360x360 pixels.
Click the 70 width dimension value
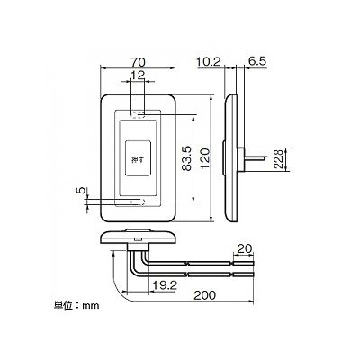coord(138,62)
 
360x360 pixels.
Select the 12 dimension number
coord(138,75)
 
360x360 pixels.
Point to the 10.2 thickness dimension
coord(209,62)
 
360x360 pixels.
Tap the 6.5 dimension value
coord(257,61)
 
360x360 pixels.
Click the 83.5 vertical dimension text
coord(186,158)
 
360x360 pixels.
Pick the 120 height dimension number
coord(205,158)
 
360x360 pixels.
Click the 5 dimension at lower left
coord(80,191)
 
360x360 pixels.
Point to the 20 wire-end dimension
coord(245,248)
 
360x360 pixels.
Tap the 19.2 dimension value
coord(165,285)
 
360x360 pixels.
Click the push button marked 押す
coord(138,158)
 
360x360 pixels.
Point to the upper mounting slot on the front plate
coord(138,115)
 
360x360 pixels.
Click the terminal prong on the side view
coord(255,158)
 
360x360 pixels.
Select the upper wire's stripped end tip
coord(253,264)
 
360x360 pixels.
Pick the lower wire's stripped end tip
coord(253,274)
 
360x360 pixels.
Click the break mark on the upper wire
coord(188,264)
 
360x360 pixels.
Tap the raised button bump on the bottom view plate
coord(138,230)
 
